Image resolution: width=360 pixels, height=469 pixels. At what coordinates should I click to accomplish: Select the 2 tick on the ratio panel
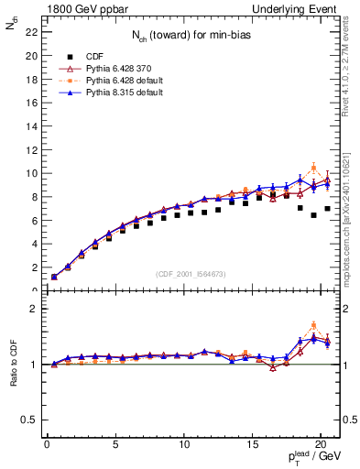[34, 309]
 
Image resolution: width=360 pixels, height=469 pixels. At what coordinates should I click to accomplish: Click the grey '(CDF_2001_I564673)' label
[192, 276]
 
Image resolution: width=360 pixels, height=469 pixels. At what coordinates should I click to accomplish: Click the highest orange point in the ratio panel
[313, 325]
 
